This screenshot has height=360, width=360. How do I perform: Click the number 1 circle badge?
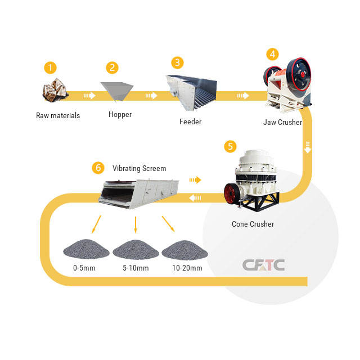51,68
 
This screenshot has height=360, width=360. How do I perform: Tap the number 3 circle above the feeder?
177,62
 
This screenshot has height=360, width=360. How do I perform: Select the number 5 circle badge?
230,146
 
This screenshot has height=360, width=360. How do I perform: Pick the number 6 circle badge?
98,168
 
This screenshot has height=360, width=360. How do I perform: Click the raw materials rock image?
56,91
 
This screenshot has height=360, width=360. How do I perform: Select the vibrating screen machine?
138,193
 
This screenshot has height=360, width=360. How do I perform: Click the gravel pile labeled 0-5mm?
83,248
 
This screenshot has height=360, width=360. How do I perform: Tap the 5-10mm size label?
135,268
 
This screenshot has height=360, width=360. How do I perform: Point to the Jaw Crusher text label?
282,122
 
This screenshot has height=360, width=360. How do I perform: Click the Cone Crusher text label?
253,224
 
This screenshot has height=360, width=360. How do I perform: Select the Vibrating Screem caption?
139,168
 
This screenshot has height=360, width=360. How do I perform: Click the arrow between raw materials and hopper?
89,96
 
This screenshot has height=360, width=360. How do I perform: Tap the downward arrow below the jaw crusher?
308,148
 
